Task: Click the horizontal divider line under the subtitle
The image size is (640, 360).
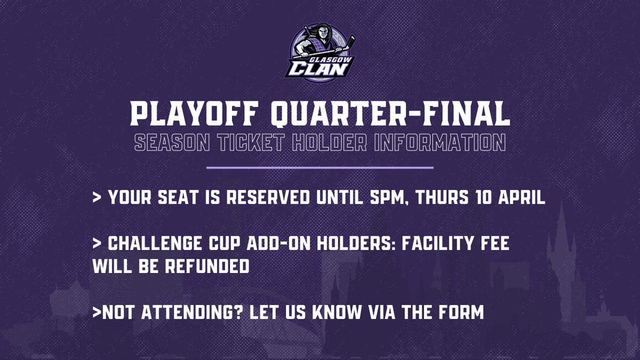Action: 319,167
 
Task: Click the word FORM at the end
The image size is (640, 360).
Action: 461,313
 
